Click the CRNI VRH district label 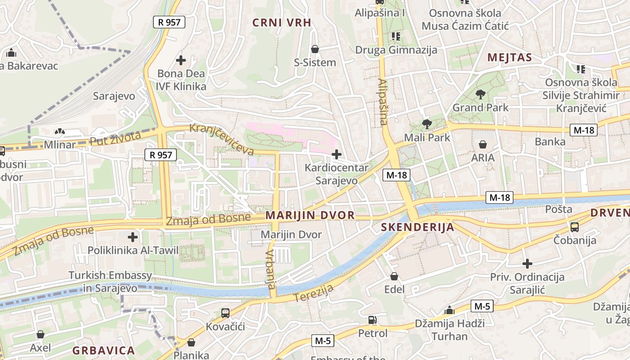pos(282,22)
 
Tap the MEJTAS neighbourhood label pos(509,58)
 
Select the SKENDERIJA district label pos(418,227)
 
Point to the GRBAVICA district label pos(103,351)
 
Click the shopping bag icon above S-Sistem pos(315,49)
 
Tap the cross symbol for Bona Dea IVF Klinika pos(181,60)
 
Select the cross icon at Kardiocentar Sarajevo pos(336,155)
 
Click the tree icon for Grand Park pos(481,94)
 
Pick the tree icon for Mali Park pos(427,124)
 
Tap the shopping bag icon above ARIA pos(483,144)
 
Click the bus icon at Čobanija pos(575,227)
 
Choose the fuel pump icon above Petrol pos(373,320)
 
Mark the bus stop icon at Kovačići pos(225,313)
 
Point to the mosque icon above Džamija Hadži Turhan pos(449,310)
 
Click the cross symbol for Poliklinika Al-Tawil pos(133,237)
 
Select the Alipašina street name pos(383,102)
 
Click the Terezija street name pos(314,293)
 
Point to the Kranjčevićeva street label pos(222,139)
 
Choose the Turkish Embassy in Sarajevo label pos(110,281)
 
